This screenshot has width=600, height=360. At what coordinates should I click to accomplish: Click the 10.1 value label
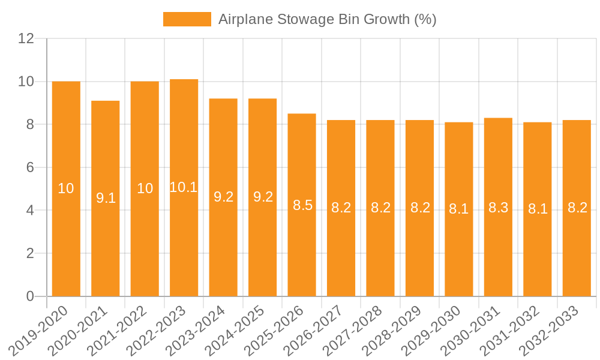pos(184,187)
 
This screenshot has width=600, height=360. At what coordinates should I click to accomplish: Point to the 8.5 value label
pos(302,205)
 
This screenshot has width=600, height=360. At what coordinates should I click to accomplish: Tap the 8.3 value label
pos(498,208)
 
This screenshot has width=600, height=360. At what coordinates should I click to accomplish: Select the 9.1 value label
pos(106,198)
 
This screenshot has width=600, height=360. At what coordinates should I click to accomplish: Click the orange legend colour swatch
pos(187,19)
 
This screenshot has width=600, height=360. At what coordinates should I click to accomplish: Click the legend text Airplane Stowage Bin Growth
pos(327,19)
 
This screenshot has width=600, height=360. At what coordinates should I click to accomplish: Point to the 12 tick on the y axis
pos(26,38)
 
